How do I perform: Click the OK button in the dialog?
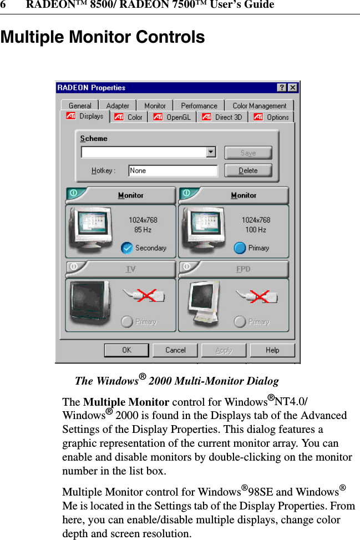tap(126, 350)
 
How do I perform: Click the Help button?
tap(272, 350)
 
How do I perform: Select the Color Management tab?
tap(259, 105)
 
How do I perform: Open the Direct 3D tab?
tap(223, 117)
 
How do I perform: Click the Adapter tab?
tap(118, 105)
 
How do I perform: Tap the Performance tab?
tap(199, 105)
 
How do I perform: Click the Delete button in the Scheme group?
tap(248, 170)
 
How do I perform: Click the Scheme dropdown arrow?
tap(211, 152)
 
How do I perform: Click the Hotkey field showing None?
tap(173, 171)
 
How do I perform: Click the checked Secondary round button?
tap(127, 248)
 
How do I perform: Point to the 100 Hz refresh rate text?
tap(256, 230)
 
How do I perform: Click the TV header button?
tap(121, 269)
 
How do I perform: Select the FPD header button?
tap(234, 269)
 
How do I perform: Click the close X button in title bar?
tap(292, 88)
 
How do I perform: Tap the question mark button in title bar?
tap(282, 88)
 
